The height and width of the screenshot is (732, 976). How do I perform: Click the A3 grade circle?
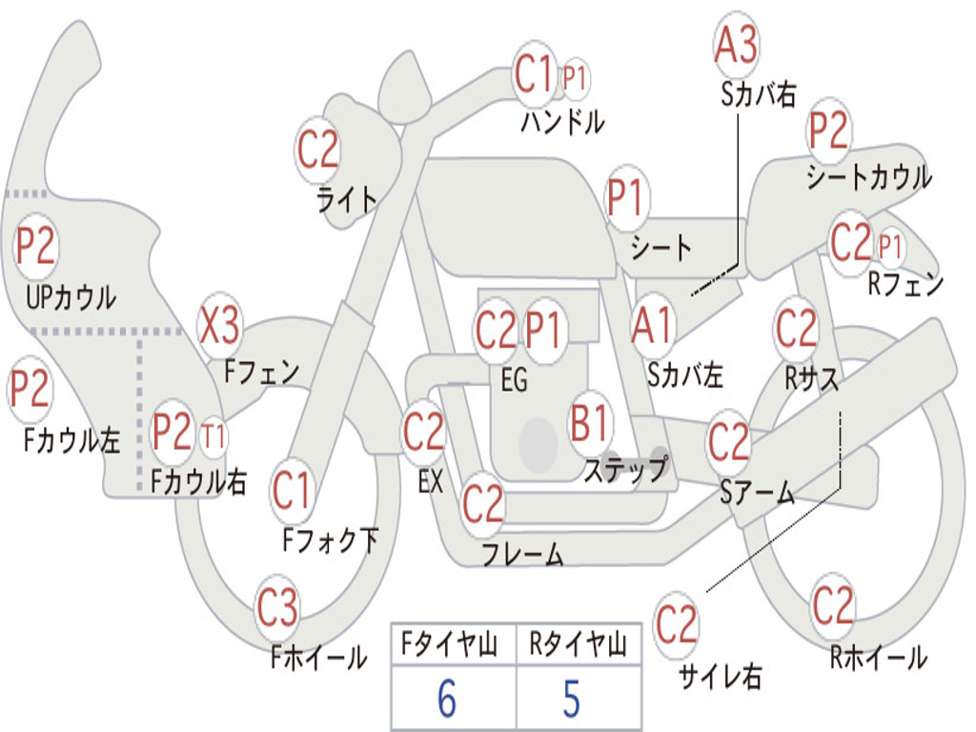[736, 44]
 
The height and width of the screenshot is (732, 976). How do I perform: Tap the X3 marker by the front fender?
[219, 325]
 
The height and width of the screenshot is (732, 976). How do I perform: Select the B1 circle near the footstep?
[589, 422]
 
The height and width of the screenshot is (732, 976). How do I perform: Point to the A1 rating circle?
[652, 325]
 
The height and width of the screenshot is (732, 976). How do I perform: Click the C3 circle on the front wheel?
[277, 607]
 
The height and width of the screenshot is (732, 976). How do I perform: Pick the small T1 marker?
[213, 436]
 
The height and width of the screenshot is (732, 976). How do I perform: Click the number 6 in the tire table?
[446, 698]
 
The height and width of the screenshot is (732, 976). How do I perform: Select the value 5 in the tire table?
[572, 698]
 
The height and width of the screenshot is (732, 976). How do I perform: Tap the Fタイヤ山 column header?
[450, 643]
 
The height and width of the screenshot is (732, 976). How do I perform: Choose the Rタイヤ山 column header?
[578, 643]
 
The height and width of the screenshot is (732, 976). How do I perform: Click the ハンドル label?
[562, 121]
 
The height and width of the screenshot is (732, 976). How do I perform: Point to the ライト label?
[347, 200]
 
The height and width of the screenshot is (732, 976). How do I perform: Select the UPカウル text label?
[71, 297]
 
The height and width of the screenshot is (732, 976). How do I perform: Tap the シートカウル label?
[869, 176]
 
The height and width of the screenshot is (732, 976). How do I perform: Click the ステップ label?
[625, 469]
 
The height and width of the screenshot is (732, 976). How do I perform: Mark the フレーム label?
[523, 554]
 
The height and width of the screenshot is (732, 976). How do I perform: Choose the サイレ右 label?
[721, 676]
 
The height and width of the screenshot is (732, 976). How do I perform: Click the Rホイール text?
[879, 658]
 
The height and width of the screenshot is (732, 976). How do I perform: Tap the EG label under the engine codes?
[514, 379]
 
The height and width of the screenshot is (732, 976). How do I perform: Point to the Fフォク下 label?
[331, 539]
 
